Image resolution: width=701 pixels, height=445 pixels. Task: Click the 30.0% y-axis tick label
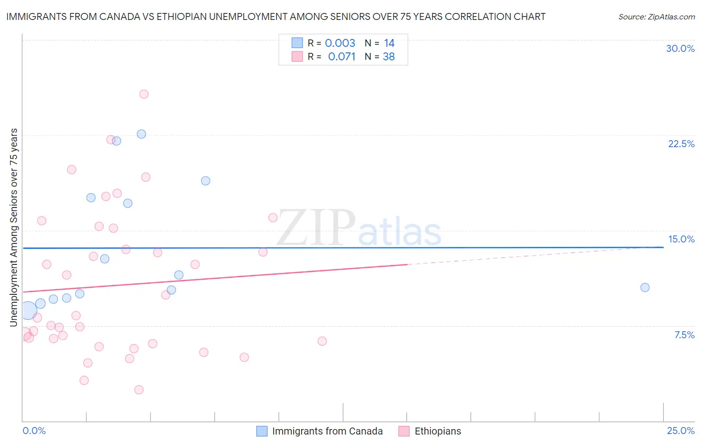(x=680, y=48)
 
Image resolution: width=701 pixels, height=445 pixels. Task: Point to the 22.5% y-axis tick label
(x=681, y=144)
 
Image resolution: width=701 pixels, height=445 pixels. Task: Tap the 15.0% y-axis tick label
(x=681, y=239)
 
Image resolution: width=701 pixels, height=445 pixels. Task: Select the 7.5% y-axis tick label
(x=684, y=335)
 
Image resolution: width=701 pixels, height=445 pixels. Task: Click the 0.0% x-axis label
(x=34, y=431)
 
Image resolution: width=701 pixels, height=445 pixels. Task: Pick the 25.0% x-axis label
(x=681, y=431)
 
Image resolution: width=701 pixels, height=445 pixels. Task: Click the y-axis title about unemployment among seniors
(x=14, y=227)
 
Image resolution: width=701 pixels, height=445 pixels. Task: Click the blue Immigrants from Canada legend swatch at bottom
(x=262, y=431)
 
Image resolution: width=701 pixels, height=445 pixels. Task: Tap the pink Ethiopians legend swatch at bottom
(x=404, y=431)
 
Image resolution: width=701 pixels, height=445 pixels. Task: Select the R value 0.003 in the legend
(x=340, y=43)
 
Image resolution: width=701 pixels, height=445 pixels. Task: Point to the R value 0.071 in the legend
(x=342, y=57)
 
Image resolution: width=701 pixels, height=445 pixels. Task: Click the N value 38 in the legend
(x=389, y=57)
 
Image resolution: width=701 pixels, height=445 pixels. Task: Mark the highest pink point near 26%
(x=144, y=94)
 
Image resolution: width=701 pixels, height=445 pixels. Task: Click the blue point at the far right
(x=645, y=287)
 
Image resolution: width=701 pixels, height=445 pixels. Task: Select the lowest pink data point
(x=139, y=390)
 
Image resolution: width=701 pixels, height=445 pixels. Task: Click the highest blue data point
(x=142, y=134)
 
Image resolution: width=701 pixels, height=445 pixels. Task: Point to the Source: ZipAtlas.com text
(x=656, y=16)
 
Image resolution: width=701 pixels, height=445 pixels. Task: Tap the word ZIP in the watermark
(x=316, y=228)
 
